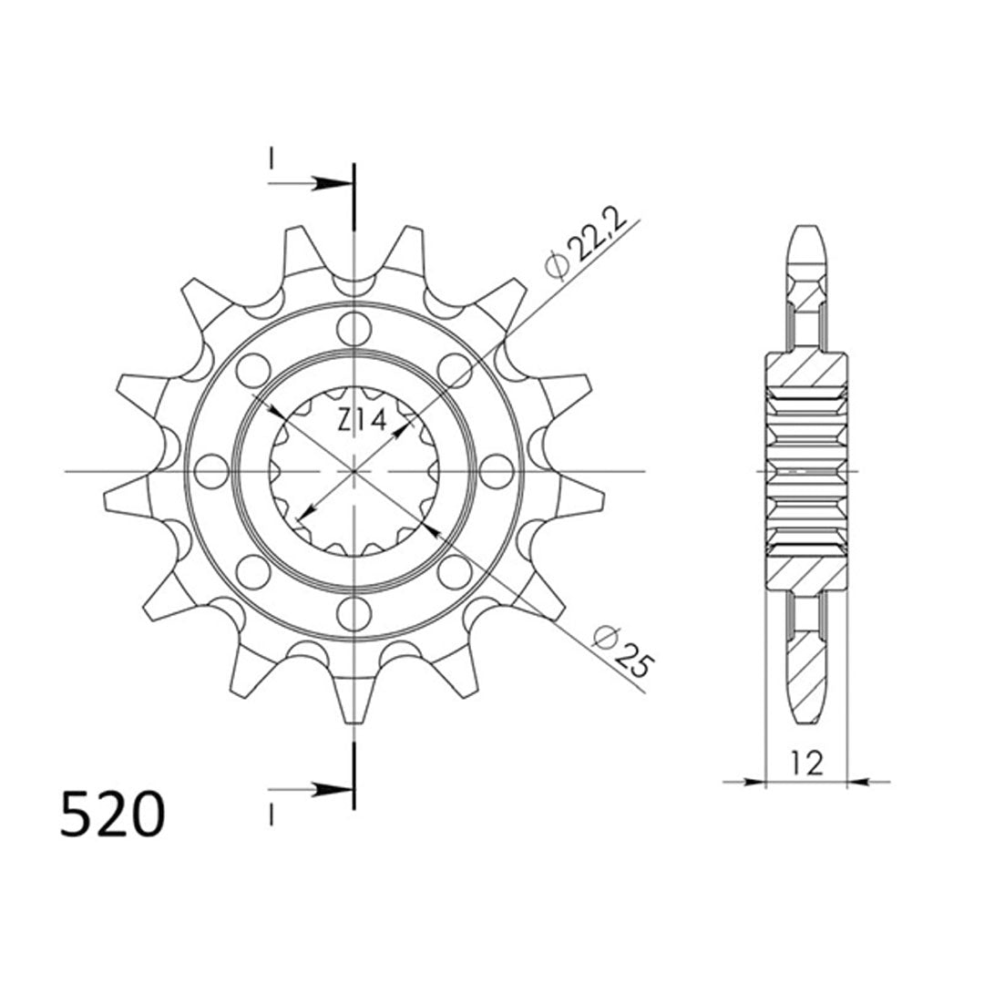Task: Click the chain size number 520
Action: (x=112, y=813)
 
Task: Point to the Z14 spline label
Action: (x=362, y=421)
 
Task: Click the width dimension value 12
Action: (x=807, y=763)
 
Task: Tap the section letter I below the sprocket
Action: (x=271, y=814)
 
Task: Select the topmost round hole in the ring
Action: (x=354, y=328)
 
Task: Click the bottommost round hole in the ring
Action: (x=354, y=613)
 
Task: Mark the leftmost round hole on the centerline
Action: (x=211, y=471)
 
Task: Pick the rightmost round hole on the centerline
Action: (x=496, y=471)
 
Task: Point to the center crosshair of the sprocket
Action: (x=354, y=471)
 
